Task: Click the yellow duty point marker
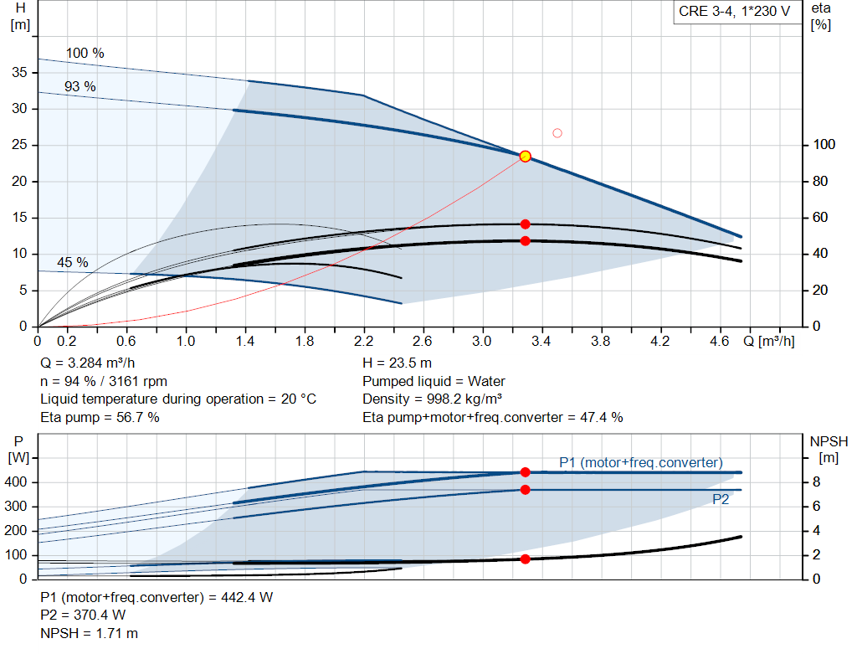coord(526,157)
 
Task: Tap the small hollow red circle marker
coord(557,133)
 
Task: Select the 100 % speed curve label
coord(85,53)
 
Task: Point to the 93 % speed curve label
coord(80,86)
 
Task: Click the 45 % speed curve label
coord(73,262)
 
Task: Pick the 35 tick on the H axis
coord(19,72)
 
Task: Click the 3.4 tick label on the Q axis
coord(541,341)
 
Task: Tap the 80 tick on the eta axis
coord(820,181)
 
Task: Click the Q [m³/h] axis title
coord(768,341)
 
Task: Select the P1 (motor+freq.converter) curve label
coord(640,462)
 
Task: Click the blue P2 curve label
coord(721,499)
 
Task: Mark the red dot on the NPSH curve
coord(526,559)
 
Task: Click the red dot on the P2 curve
coord(526,489)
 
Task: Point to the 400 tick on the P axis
coord(15,482)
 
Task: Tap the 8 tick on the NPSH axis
coord(816,482)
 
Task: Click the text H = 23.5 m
coord(397,363)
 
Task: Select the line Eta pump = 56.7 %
coord(100,418)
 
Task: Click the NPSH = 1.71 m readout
coord(89,633)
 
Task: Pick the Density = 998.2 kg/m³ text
coord(433,399)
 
